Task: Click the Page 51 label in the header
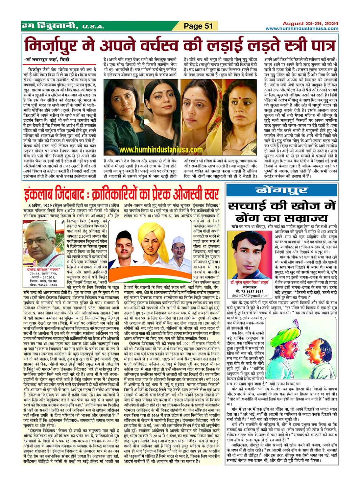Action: point(199,26)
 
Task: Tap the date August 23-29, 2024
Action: point(310,23)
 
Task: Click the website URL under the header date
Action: point(302,29)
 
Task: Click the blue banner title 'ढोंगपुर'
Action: point(282,190)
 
